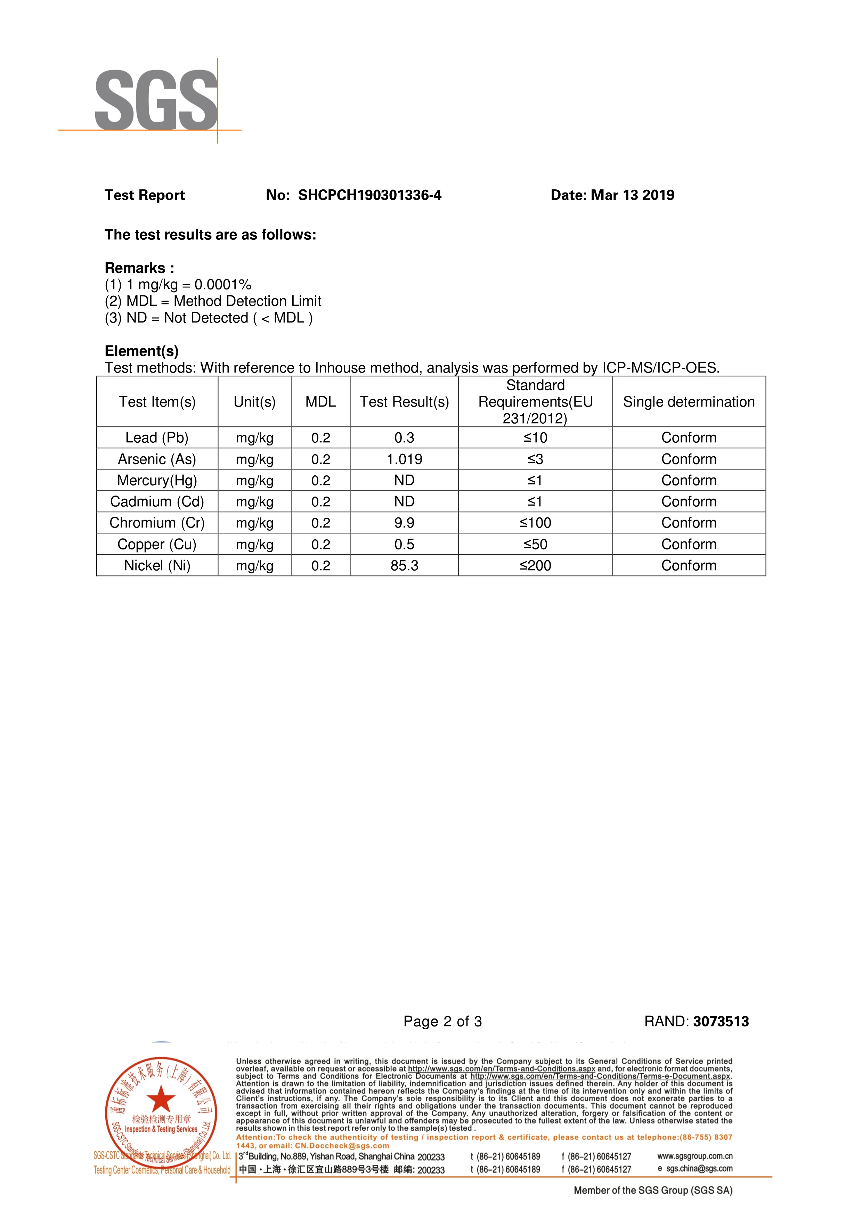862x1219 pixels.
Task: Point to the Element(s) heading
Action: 141,351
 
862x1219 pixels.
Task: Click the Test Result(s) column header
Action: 404,402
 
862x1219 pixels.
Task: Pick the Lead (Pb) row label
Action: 157,437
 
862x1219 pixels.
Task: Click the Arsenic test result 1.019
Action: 404,459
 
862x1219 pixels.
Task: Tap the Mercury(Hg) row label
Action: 157,481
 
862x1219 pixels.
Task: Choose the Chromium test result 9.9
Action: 404,523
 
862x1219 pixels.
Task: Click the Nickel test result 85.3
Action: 404,565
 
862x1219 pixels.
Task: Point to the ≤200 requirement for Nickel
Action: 535,565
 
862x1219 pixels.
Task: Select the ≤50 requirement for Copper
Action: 535,544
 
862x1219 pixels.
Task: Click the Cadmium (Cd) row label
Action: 157,502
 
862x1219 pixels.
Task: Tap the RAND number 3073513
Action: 721,1022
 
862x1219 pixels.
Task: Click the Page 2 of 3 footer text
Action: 442,1022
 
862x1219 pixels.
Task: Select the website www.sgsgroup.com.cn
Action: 695,1156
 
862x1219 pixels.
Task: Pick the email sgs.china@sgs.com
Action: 699,1169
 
